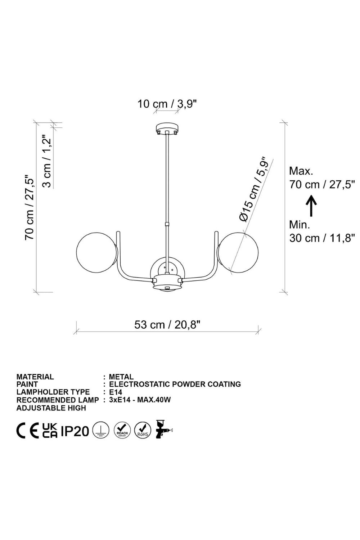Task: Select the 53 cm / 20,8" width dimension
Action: click(x=167, y=324)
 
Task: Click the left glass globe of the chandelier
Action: click(x=97, y=253)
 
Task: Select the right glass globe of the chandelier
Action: click(x=238, y=253)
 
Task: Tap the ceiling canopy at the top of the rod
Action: click(x=167, y=129)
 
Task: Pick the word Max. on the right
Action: click(x=301, y=171)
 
